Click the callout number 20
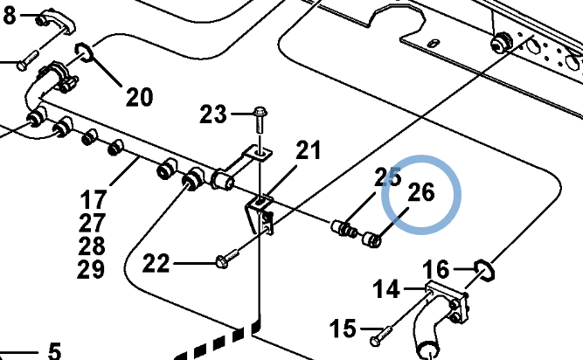(140, 97)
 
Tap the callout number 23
(212, 114)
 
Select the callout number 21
(309, 150)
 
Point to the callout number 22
(156, 263)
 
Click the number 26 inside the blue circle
(421, 192)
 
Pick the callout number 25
(388, 177)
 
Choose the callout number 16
(435, 269)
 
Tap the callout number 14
(386, 289)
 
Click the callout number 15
(343, 329)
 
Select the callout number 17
(94, 199)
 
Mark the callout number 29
(91, 269)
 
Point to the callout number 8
(10, 15)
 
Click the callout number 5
(54, 351)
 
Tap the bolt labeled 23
(260, 120)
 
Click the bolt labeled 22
(227, 259)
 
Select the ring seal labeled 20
(85, 52)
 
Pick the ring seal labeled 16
(485, 270)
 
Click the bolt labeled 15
(382, 336)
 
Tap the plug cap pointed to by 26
(371, 239)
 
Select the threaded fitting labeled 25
(344, 228)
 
